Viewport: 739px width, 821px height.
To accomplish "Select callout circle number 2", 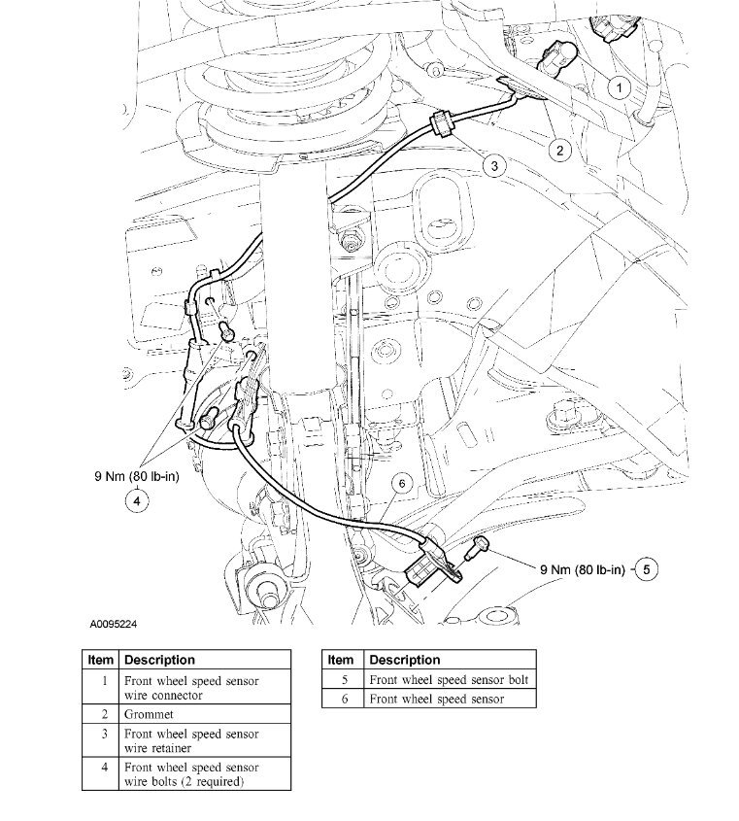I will click(x=560, y=150).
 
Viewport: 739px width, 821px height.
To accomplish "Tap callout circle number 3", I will click(x=494, y=166).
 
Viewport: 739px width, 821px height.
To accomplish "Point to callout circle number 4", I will click(x=137, y=500).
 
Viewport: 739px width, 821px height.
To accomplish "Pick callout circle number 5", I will click(x=647, y=569).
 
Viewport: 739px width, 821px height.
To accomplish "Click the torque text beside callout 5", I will click(x=581, y=569).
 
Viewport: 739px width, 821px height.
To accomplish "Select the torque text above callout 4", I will click(x=137, y=476).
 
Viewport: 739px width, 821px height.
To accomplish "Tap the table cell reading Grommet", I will click(x=144, y=712).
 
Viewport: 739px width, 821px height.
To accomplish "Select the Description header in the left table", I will click(x=159, y=660).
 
